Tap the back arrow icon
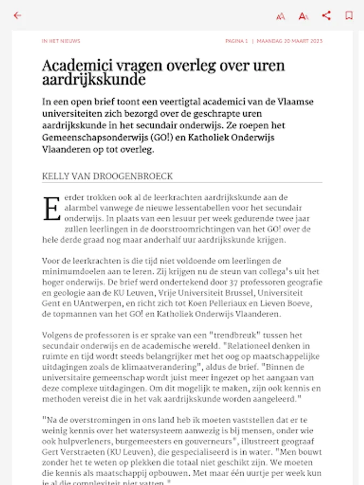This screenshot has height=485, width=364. [x=17, y=16]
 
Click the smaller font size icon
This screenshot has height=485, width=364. [x=280, y=16]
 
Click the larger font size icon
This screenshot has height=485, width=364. [x=304, y=16]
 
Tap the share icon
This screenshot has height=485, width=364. [x=326, y=16]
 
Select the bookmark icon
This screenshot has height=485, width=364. [x=349, y=16]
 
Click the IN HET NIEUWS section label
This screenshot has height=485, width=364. [x=61, y=41]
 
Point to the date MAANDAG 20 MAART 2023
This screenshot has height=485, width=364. [x=290, y=41]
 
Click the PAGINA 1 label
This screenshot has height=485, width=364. [x=237, y=41]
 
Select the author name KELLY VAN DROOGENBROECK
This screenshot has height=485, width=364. [x=107, y=176]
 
